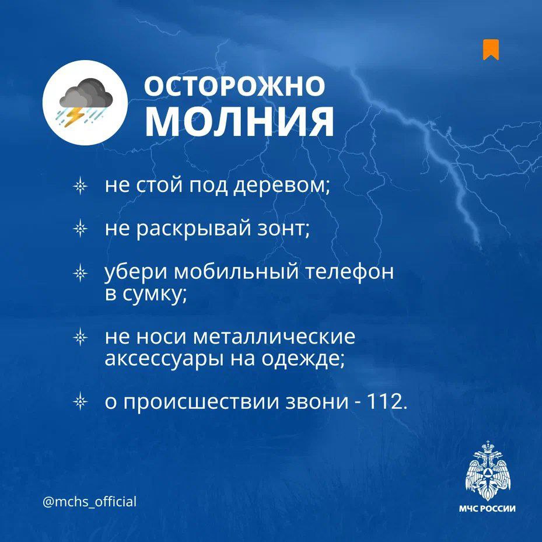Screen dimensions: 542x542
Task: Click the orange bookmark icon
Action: [491, 50]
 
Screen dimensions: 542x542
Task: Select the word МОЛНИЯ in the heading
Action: [240, 120]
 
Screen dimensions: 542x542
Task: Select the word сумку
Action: [153, 294]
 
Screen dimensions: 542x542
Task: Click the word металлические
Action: [274, 337]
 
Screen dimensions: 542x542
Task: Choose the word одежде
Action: [302, 358]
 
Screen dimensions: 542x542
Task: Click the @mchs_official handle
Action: [89, 501]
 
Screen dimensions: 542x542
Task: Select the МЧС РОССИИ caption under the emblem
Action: [487, 509]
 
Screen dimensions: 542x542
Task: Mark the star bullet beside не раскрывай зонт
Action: [81, 228]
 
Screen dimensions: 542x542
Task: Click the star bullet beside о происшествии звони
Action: [81, 401]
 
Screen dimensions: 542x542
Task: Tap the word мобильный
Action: [236, 271]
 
